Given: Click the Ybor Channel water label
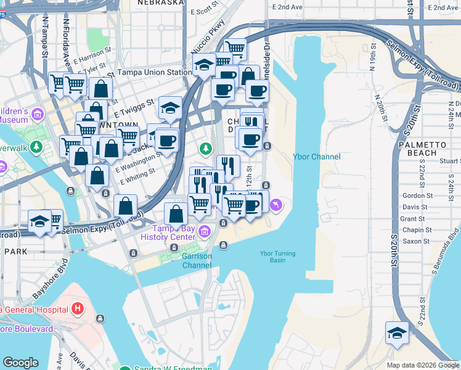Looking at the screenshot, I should pos(316,157).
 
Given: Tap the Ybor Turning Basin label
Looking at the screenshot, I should pos(277,257).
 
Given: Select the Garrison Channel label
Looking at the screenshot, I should pos(197,261).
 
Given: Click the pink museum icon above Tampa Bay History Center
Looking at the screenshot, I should pos(204,231).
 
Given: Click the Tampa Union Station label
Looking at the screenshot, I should pos(155,72).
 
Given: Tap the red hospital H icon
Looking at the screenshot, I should pos(78,308).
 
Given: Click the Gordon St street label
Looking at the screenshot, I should pos(414,195).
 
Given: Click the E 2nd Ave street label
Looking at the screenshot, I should pos(290,7).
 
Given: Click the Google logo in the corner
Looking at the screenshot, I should pos(20,363).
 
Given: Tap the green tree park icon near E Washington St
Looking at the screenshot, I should pos(205,148).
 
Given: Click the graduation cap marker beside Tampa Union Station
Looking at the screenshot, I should pos(203,64).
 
